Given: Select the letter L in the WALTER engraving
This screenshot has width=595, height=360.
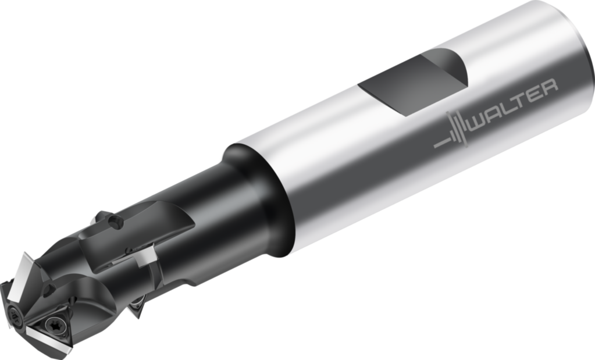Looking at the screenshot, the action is coord(511,106).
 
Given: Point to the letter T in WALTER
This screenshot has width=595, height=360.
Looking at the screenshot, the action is coord(522,100).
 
